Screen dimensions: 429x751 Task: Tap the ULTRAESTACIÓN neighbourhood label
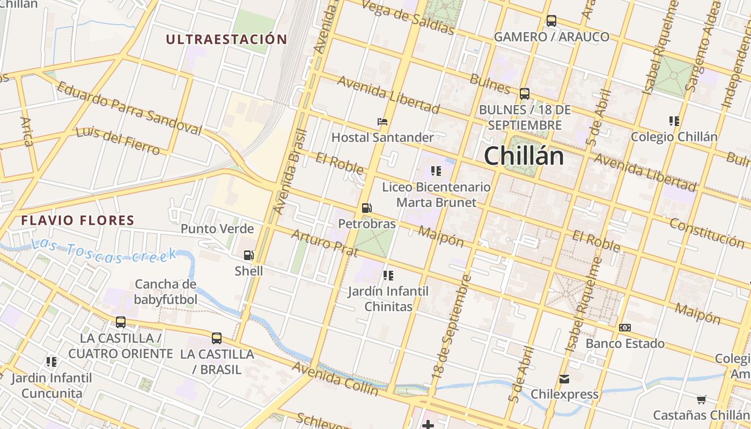[x=226, y=39]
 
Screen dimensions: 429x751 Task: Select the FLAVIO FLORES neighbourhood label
[x=78, y=220]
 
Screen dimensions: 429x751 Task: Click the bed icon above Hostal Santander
[x=382, y=122]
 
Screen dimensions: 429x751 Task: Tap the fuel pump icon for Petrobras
[x=366, y=208]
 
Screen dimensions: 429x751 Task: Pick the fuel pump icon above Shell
[x=248, y=255]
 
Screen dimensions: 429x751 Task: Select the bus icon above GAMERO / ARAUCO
[x=551, y=21]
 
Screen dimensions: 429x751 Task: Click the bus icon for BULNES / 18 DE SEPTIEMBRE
[x=524, y=93]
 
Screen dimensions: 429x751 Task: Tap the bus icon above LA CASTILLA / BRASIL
[x=216, y=338]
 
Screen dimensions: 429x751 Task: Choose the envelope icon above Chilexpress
[x=564, y=379]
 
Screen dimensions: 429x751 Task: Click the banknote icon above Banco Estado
[x=624, y=328]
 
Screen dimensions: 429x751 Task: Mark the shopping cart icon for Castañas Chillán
[x=701, y=400]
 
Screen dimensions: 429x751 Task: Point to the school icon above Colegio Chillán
[x=674, y=121]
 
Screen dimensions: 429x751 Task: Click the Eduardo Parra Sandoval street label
[x=129, y=108]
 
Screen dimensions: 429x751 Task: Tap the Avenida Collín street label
[x=335, y=379]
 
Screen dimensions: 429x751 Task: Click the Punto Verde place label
[x=217, y=229]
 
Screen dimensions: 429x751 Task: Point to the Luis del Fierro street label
[x=117, y=140]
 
